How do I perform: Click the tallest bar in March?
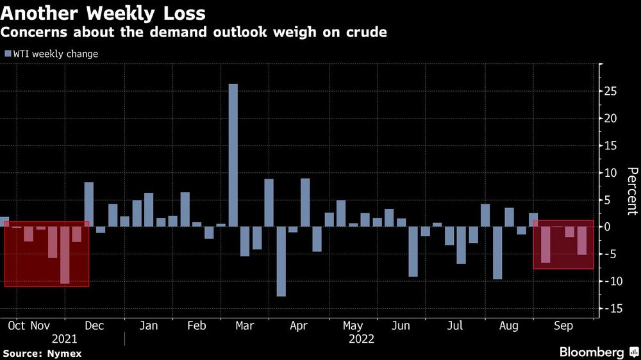pyautogui.click(x=233, y=155)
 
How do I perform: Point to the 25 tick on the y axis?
pyautogui.click(x=613, y=92)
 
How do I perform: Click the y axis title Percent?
pyautogui.click(x=631, y=191)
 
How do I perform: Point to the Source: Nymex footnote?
pyautogui.click(x=42, y=353)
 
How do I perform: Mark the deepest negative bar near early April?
pyautogui.click(x=281, y=261)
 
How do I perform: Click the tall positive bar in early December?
pyautogui.click(x=89, y=204)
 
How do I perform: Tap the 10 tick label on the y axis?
pyautogui.click(x=613, y=173)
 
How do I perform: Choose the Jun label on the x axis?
pyautogui.click(x=401, y=325)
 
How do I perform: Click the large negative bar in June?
pyautogui.click(x=413, y=252)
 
